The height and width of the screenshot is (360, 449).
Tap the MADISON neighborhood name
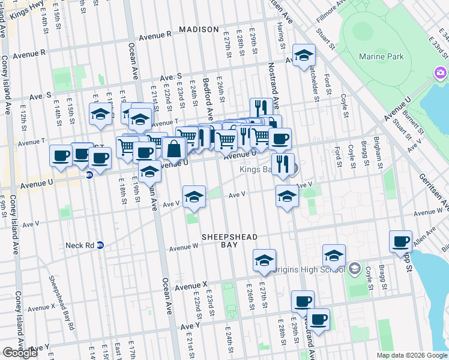(x=199, y=29)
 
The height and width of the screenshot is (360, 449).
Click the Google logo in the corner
(x=20, y=353)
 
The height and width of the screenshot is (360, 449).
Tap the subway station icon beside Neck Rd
(x=101, y=245)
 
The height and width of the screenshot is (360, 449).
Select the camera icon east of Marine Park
(x=441, y=73)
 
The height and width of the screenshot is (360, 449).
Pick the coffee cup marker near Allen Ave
(x=400, y=242)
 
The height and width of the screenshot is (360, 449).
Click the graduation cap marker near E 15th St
(x=100, y=113)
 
